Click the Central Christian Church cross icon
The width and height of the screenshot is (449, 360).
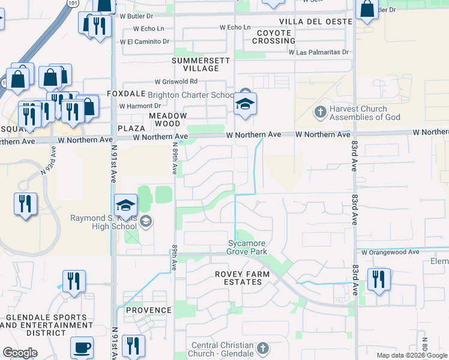tap(262, 348)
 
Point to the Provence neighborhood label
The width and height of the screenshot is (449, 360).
tap(148, 310)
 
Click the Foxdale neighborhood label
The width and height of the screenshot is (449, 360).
tap(127, 94)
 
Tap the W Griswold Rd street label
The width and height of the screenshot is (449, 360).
tap(176, 82)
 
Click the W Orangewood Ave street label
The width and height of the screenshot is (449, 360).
tap(390, 253)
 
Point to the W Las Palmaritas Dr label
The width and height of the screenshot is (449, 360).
tap(318, 53)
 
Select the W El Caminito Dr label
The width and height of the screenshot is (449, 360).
tap(145, 42)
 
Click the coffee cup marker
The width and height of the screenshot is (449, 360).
tap(82, 348)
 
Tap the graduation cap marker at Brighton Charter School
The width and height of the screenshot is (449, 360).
tap(245, 105)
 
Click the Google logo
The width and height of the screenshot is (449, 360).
tap(20, 353)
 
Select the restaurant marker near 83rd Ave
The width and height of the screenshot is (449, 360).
tap(379, 280)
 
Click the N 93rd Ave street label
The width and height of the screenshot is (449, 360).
tap(53, 160)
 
